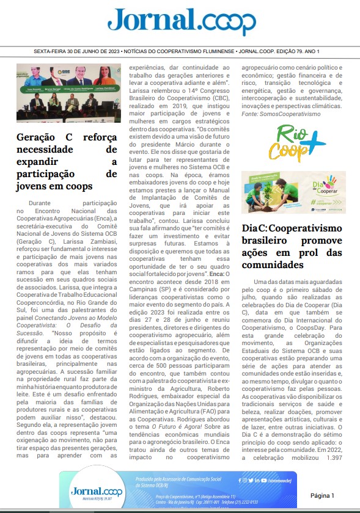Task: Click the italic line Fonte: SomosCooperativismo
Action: [x=281, y=114]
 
